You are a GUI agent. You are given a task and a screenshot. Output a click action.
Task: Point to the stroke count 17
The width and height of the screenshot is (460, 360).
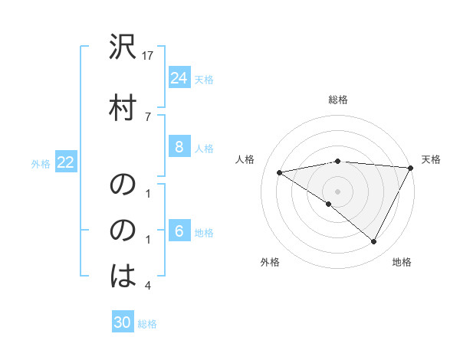click(149, 55)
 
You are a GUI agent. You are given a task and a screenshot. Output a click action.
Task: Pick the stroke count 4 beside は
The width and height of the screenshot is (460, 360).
click(148, 286)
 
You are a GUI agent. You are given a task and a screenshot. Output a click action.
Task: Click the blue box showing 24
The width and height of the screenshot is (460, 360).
click(179, 78)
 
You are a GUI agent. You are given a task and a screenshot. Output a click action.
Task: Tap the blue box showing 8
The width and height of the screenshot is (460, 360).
click(179, 147)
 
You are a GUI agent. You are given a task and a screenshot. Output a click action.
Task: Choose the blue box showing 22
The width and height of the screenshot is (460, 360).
click(65, 162)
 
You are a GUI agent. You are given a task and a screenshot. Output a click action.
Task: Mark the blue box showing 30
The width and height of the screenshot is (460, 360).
click(123, 322)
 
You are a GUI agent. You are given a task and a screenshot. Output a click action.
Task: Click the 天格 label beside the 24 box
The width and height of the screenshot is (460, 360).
click(204, 79)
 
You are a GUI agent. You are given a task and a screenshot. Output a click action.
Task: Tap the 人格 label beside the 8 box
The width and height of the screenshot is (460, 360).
click(204, 148)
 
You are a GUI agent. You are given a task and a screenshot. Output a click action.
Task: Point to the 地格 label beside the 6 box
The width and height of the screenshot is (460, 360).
click(204, 233)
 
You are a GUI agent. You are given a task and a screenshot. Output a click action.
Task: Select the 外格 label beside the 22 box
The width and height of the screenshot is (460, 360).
click(41, 163)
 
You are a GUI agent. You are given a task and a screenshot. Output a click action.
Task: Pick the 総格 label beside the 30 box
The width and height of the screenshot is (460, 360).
click(147, 323)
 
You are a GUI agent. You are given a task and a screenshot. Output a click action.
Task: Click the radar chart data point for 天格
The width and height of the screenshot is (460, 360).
click(412, 168)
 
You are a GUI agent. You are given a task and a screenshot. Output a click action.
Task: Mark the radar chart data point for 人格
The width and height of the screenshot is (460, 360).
click(280, 172)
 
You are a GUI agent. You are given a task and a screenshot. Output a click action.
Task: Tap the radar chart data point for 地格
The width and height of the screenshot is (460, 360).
click(374, 241)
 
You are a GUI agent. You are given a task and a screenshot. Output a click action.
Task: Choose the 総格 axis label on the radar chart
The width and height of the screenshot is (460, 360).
click(338, 100)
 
